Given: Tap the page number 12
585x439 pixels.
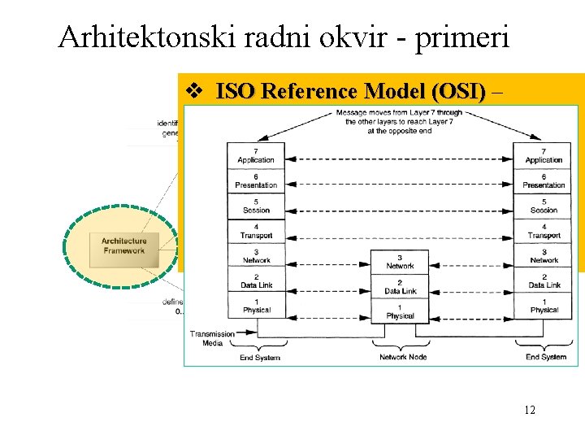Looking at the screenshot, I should (529, 411).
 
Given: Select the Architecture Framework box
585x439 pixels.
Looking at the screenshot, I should (124, 246).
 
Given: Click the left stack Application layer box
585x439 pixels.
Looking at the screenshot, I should (256, 156).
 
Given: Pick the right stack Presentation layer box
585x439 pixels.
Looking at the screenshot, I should (544, 181).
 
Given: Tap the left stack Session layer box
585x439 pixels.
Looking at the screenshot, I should (256, 206).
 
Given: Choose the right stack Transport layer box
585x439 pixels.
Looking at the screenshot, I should (544, 231).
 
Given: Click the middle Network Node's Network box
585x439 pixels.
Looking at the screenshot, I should (400, 262).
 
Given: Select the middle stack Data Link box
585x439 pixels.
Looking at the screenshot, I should (400, 286).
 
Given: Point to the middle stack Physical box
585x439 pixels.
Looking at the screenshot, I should (400, 311).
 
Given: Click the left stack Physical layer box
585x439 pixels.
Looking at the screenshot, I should (256, 306).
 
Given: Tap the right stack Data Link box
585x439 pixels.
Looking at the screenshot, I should (544, 280).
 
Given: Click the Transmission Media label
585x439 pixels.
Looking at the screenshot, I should (212, 338).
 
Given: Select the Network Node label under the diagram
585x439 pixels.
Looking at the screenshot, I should (403, 357).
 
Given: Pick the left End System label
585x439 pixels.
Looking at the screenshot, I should (260, 357).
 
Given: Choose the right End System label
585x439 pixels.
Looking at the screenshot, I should (546, 357).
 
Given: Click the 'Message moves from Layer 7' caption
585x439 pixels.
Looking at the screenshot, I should (399, 121).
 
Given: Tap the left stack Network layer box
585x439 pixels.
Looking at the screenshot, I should (256, 256).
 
